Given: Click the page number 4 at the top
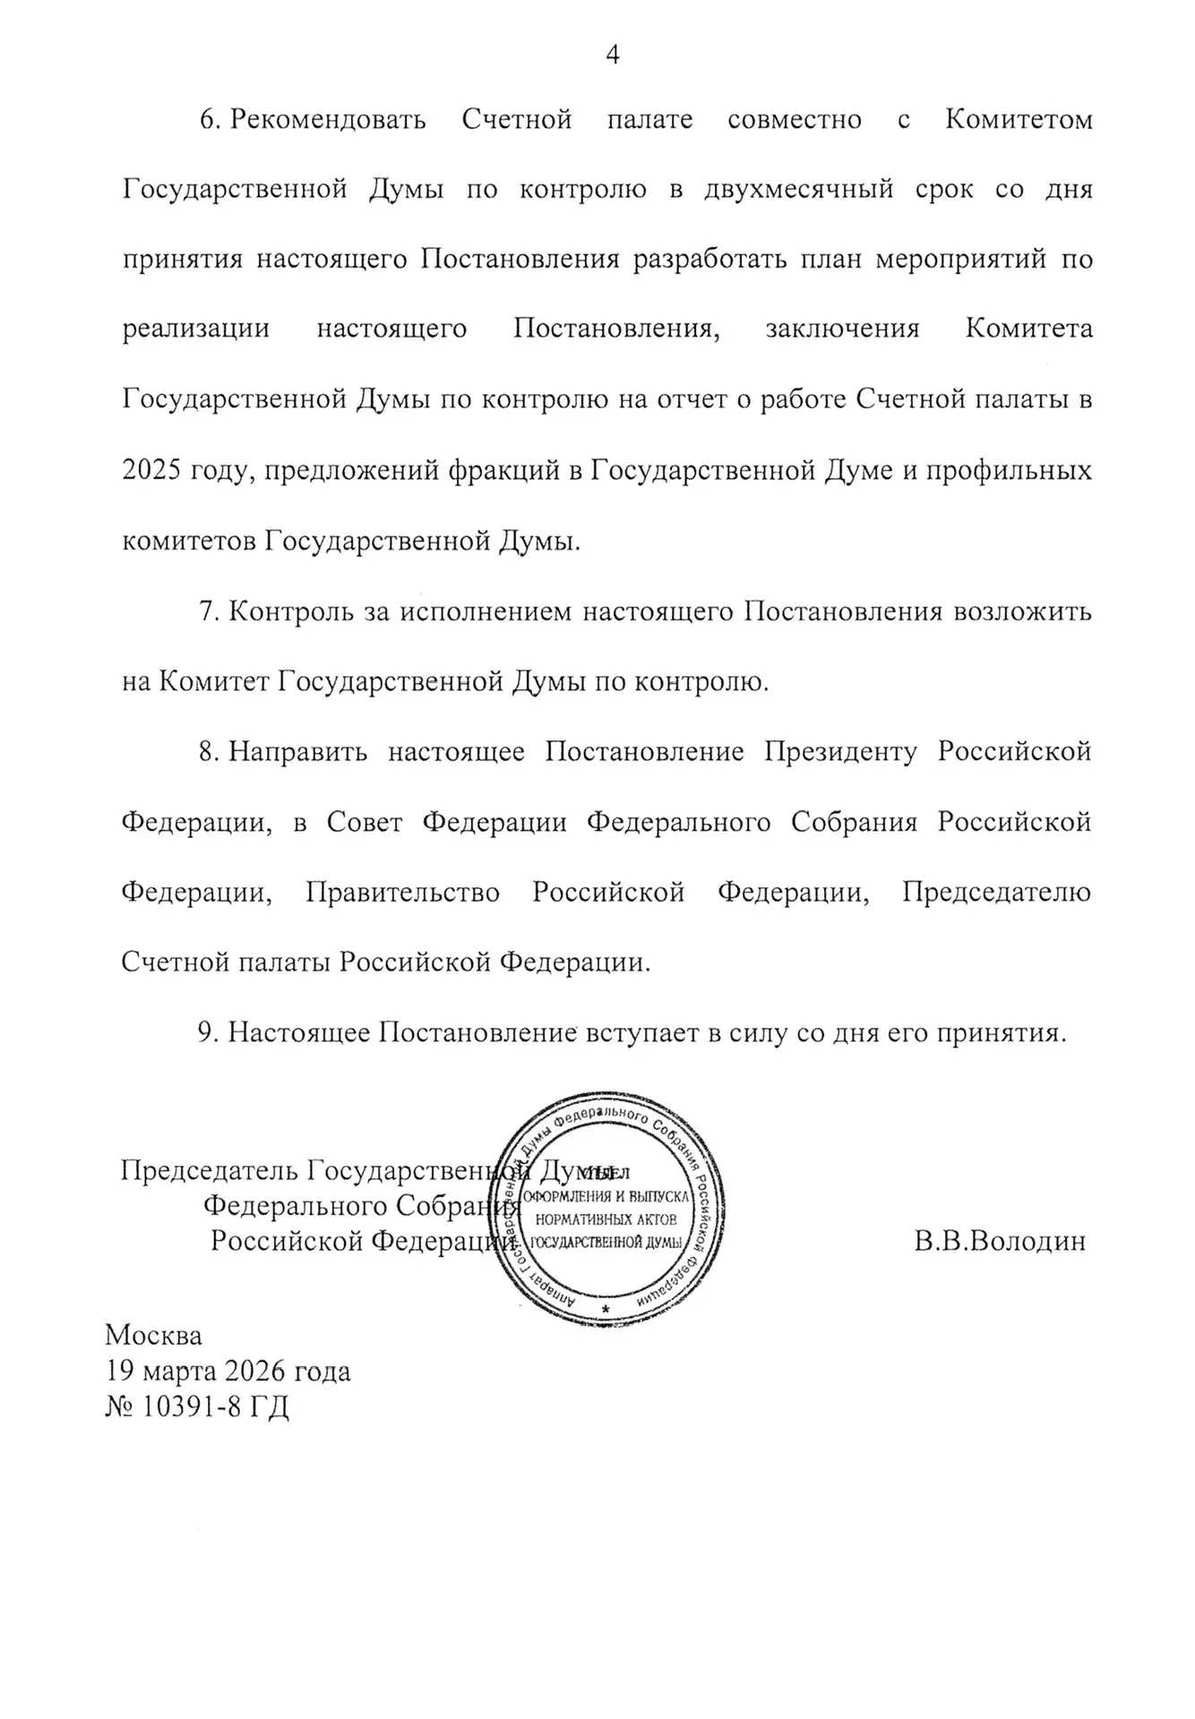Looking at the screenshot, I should [613, 56].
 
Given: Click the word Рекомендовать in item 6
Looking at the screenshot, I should [328, 120].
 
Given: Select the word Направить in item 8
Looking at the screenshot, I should [297, 751].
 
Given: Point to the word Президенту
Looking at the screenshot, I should [840, 751].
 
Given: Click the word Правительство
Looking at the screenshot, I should [403, 893].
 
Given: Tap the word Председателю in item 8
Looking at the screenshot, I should [996, 893].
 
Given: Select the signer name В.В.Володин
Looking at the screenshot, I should [1000, 1242].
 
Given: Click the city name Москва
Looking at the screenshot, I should [154, 1335].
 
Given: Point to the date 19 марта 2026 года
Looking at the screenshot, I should [228, 1371].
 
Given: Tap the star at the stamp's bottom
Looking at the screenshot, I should [606, 1309].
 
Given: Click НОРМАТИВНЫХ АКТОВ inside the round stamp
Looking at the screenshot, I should [606, 1219].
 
